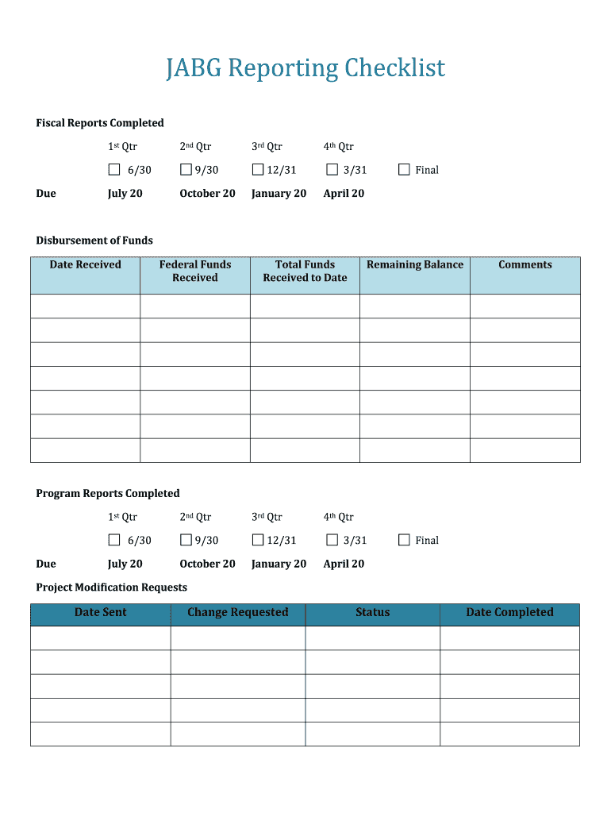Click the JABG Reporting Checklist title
click(305, 68)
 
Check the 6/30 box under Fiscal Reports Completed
click(114, 169)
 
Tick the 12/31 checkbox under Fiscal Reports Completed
click(258, 169)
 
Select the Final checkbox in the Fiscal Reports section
click(404, 169)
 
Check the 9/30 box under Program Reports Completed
click(186, 540)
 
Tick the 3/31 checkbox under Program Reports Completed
click(332, 540)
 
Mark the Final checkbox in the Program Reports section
click(404, 540)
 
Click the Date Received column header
click(85, 265)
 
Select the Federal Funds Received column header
click(195, 272)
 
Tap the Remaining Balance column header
click(414, 265)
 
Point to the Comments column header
click(525, 265)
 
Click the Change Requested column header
click(237, 612)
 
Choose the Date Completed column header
click(509, 612)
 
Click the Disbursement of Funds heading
click(94, 241)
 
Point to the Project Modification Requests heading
click(111, 588)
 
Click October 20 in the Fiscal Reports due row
click(207, 194)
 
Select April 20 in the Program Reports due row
click(344, 564)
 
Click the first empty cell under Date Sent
click(100, 638)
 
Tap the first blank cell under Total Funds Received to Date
click(305, 306)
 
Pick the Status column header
click(372, 612)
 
